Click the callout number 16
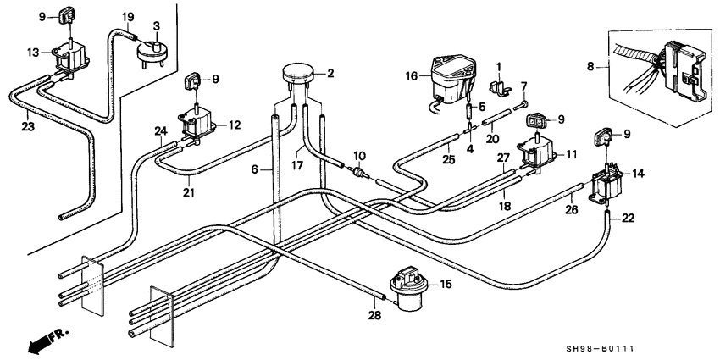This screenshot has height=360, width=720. tap(412, 75)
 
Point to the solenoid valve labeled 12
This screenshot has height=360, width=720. tap(198, 124)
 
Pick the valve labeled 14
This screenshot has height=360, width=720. tap(606, 183)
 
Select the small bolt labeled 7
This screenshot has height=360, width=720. tap(521, 106)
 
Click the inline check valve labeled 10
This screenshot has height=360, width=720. tap(361, 173)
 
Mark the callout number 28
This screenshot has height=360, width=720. tap(375, 315)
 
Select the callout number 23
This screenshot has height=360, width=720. tap(28, 127)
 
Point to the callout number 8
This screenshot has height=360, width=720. tap(590, 67)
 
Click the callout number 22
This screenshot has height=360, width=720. tap(628, 219)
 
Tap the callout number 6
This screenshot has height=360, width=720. tap(254, 170)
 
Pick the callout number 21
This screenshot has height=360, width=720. tap(188, 192)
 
